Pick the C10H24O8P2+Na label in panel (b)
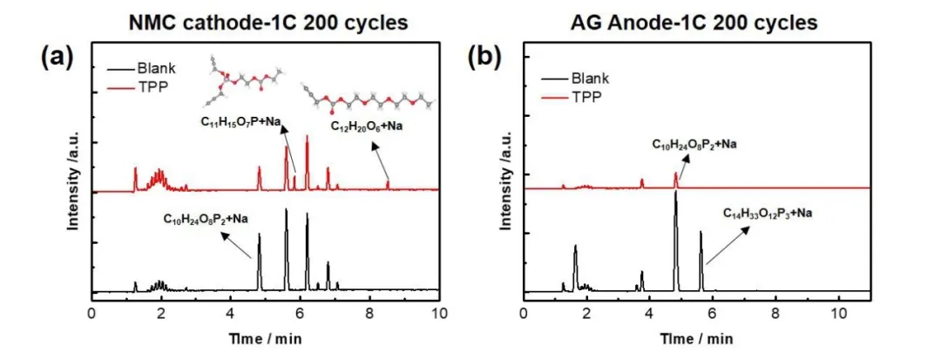697,141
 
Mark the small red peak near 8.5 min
388,183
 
